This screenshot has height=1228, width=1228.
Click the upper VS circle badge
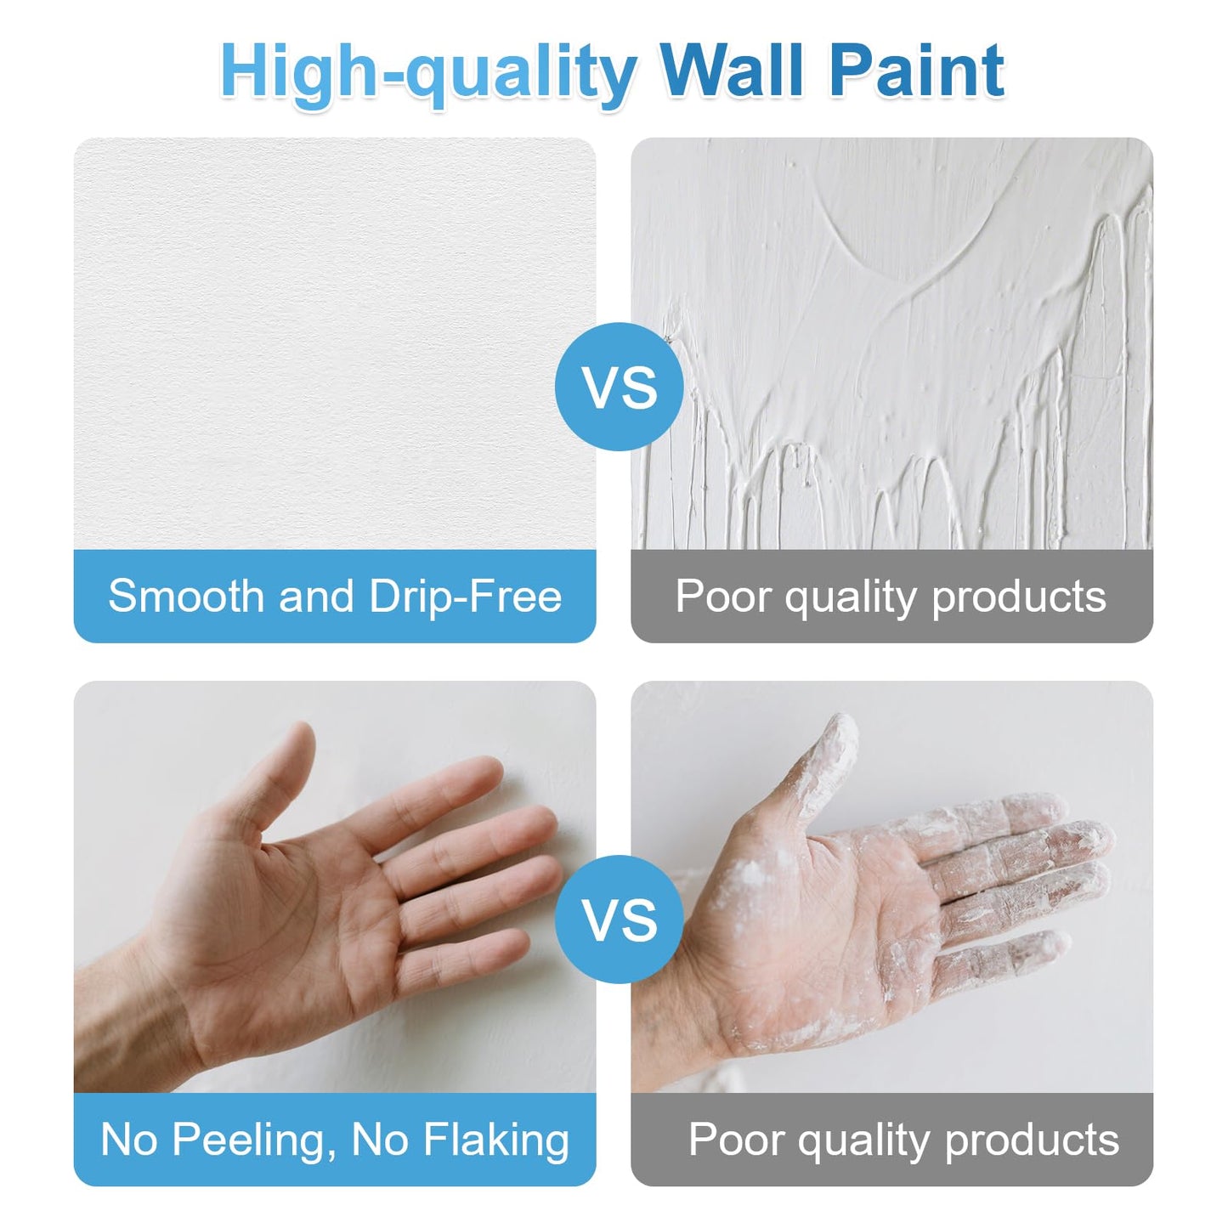pos(620,387)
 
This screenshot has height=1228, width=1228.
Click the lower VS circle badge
pos(620,920)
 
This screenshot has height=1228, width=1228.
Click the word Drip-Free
pos(465,596)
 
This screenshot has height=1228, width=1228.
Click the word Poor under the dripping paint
pos(724,596)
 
